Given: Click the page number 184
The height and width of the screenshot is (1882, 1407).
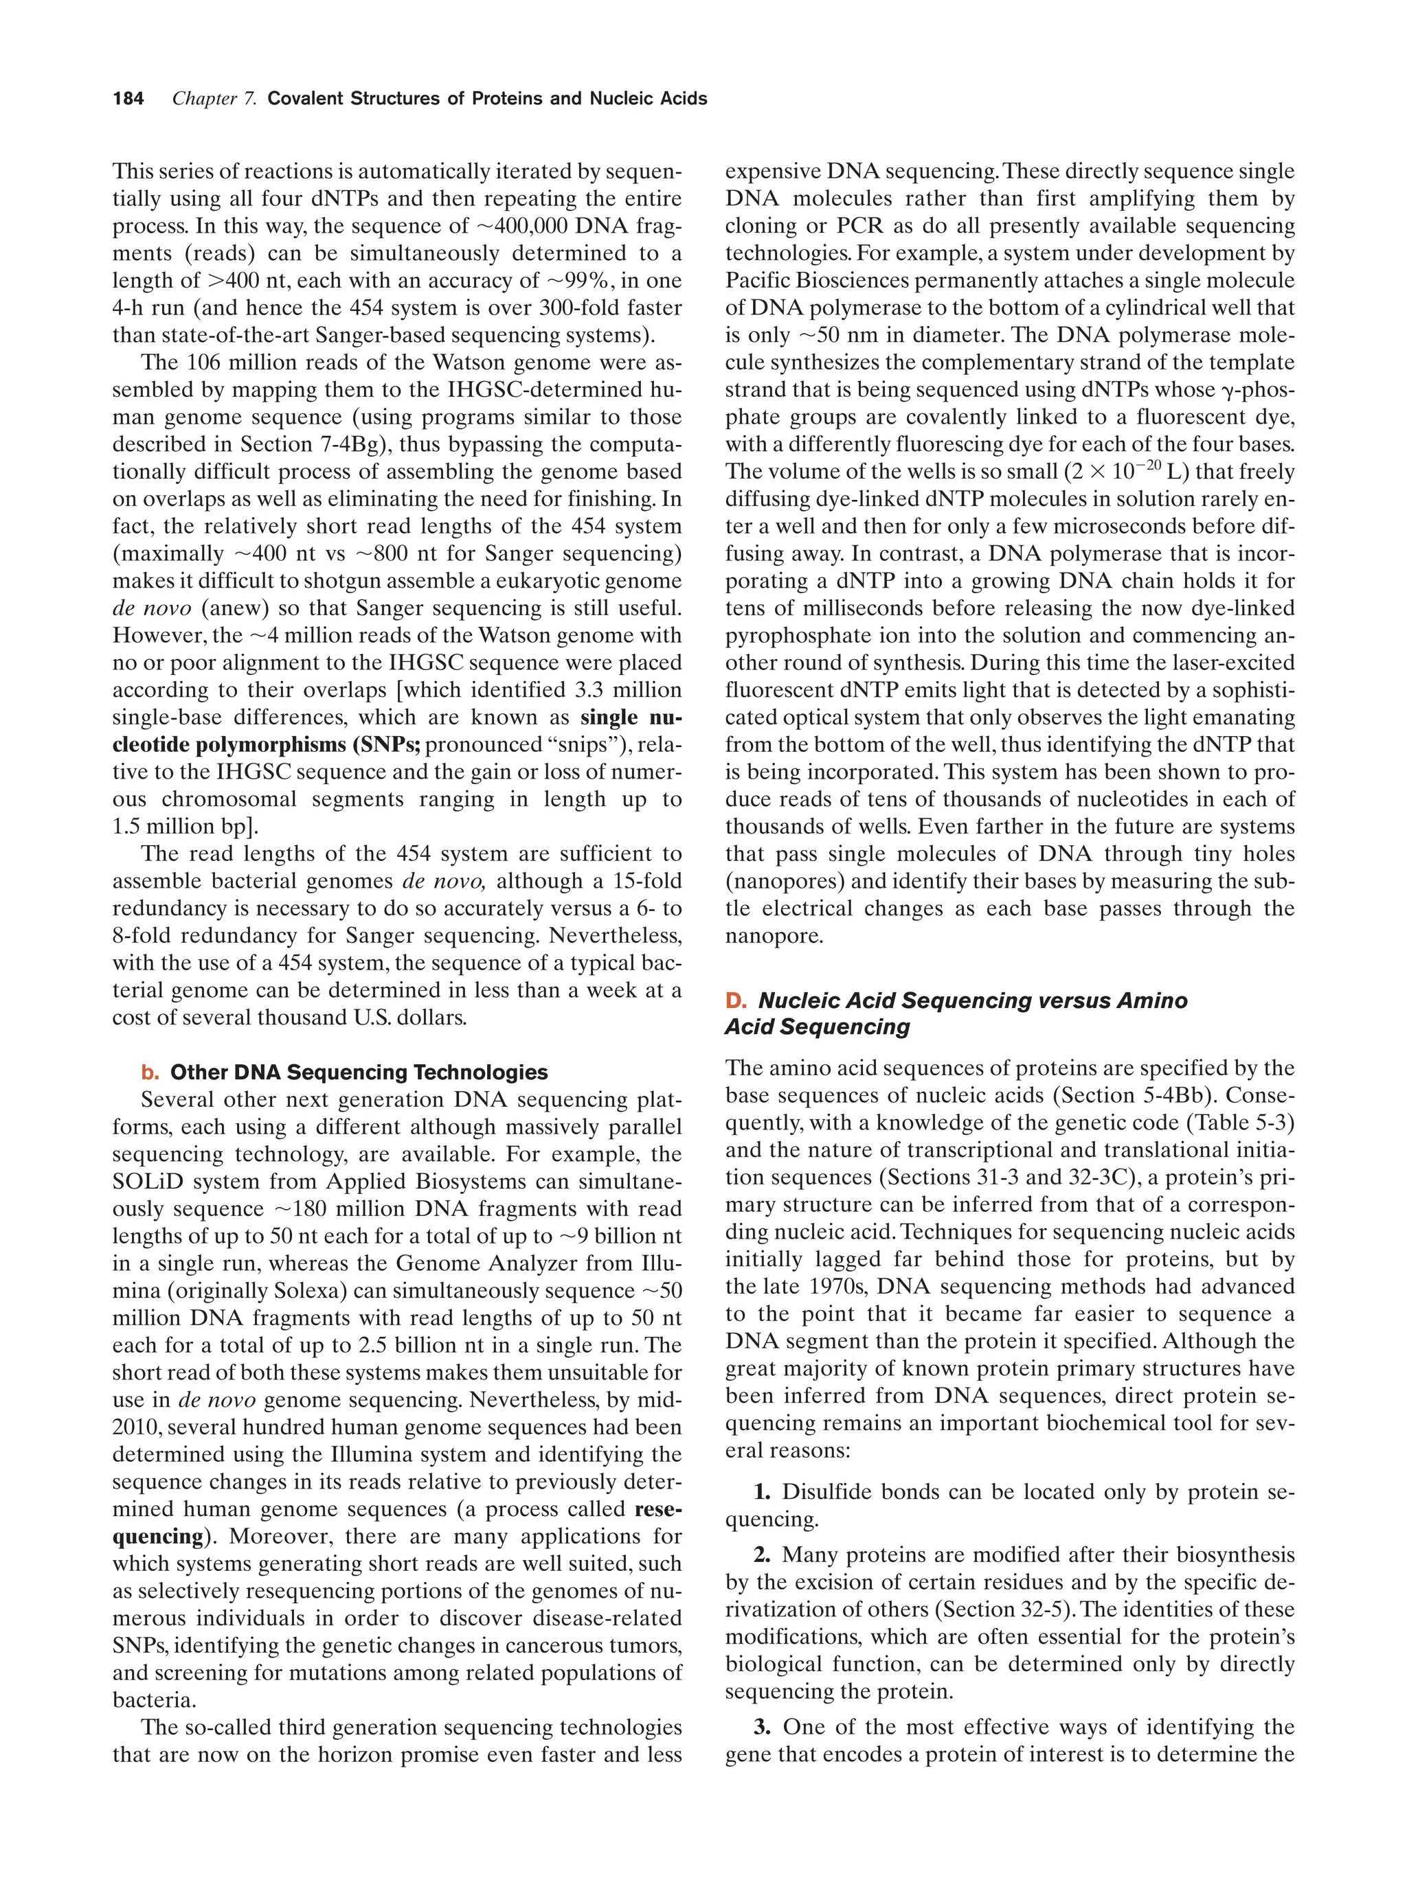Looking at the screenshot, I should [x=128, y=99].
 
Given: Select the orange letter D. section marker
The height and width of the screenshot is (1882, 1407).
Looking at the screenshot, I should [x=735, y=1000].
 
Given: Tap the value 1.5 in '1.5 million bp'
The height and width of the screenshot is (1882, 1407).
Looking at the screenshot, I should [x=126, y=826].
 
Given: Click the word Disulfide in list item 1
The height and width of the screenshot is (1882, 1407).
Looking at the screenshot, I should [x=831, y=1491].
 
